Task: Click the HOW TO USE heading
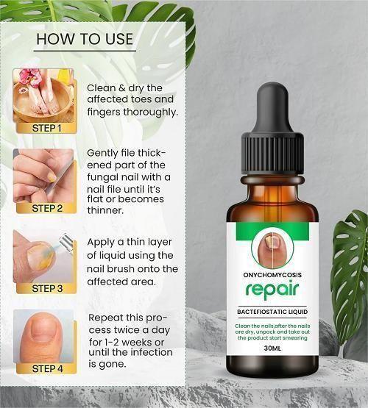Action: [85, 39]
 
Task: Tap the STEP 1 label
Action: [46, 127]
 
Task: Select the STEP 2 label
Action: [46, 208]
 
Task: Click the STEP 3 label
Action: [46, 288]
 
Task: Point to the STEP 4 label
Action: [46, 368]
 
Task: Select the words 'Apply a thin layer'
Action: [132, 242]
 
